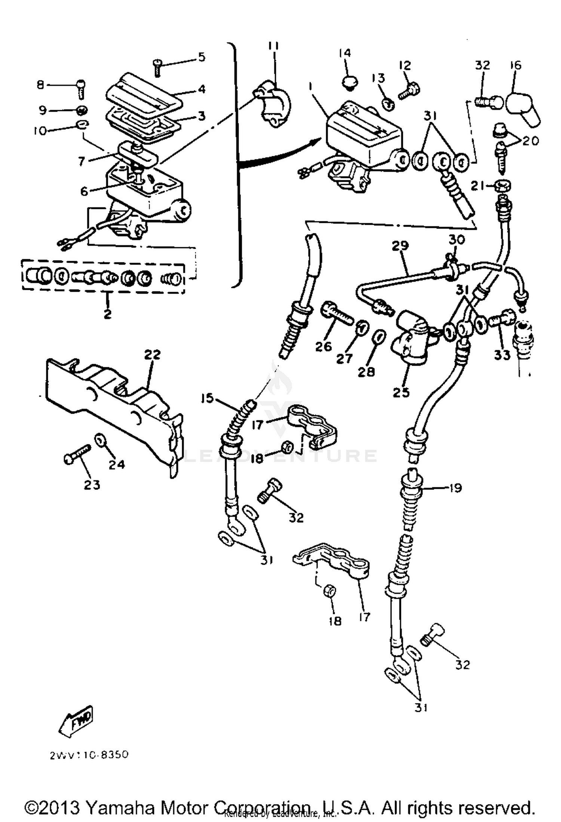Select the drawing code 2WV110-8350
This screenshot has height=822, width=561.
point(89,755)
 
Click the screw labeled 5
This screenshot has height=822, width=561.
point(157,68)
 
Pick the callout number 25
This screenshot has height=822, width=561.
point(401,392)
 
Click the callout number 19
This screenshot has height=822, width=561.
point(455,488)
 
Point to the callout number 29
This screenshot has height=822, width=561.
point(400,246)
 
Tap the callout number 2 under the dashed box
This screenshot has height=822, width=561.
point(107,313)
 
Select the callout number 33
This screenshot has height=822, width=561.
point(502,355)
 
